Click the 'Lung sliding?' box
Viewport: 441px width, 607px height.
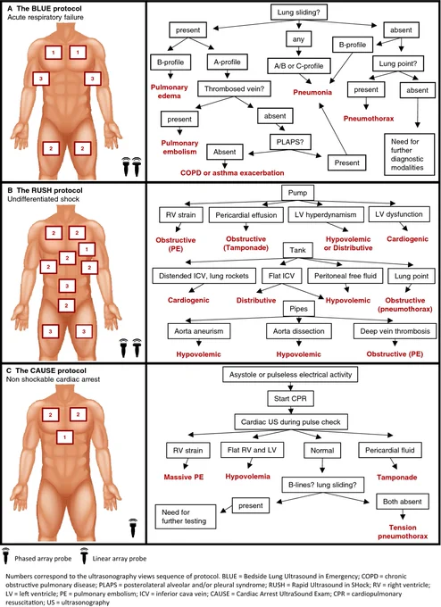tap(298, 12)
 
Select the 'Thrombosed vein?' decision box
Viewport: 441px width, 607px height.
tap(234, 88)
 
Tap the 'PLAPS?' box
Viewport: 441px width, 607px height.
tap(290, 142)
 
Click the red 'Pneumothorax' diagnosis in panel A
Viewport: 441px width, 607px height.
tap(369, 119)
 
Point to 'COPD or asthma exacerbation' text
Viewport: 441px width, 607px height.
tap(232, 172)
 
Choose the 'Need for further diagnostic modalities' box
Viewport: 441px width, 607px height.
tap(409, 154)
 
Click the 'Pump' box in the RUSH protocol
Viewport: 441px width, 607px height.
tap(297, 193)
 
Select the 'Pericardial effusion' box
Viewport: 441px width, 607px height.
tap(246, 215)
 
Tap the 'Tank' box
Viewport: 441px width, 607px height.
tap(297, 250)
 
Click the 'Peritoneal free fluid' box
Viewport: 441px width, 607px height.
tap(345, 276)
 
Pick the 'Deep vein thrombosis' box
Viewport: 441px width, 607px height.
tap(395, 331)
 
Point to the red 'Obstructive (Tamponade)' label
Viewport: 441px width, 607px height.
tap(245, 243)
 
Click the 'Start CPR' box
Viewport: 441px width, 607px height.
tap(290, 398)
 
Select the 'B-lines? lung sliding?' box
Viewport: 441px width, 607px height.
tap(322, 485)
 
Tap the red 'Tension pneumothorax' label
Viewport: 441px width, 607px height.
tap(403, 531)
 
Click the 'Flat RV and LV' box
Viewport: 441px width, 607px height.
tap(252, 450)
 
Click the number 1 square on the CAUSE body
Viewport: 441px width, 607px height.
tap(64, 437)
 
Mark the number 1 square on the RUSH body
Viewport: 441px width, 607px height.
tap(87, 249)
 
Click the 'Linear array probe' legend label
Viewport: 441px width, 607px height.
tap(120, 559)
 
